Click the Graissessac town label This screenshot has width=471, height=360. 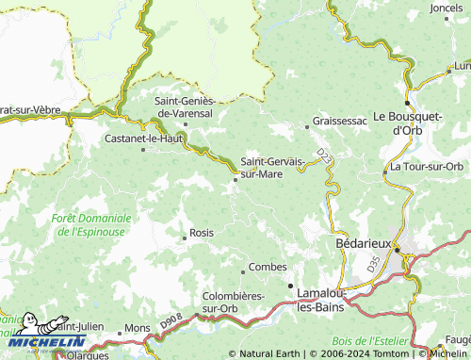pyautogui.click(x=341, y=122)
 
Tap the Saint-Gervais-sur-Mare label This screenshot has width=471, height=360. pyautogui.click(x=273, y=167)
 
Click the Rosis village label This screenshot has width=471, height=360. pyautogui.click(x=202, y=232)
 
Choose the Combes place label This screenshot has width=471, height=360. pyautogui.click(x=268, y=267)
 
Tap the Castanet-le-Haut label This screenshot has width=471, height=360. pyautogui.click(x=143, y=138)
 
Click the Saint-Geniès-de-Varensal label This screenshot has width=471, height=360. pyautogui.click(x=187, y=107)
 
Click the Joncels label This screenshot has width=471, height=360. pyautogui.click(x=446, y=8)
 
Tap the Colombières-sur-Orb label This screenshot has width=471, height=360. pyautogui.click(x=233, y=302)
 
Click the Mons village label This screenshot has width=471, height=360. pyautogui.click(x=138, y=328)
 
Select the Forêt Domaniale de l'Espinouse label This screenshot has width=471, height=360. pyautogui.click(x=91, y=223)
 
